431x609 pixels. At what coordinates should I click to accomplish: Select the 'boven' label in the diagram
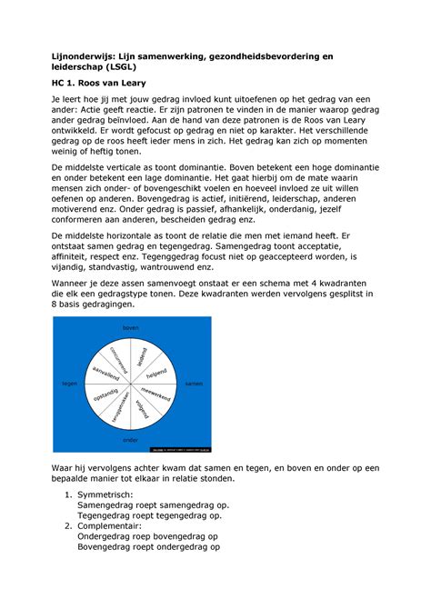pyautogui.click(x=132, y=327)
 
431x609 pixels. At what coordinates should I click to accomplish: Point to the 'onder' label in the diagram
pyautogui.click(x=132, y=440)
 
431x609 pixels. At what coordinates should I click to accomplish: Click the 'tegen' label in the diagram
pyautogui.click(x=69, y=384)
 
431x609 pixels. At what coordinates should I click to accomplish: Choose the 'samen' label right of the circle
pyautogui.click(x=193, y=384)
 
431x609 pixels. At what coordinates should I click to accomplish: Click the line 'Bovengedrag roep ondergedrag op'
pyautogui.click(x=148, y=547)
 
